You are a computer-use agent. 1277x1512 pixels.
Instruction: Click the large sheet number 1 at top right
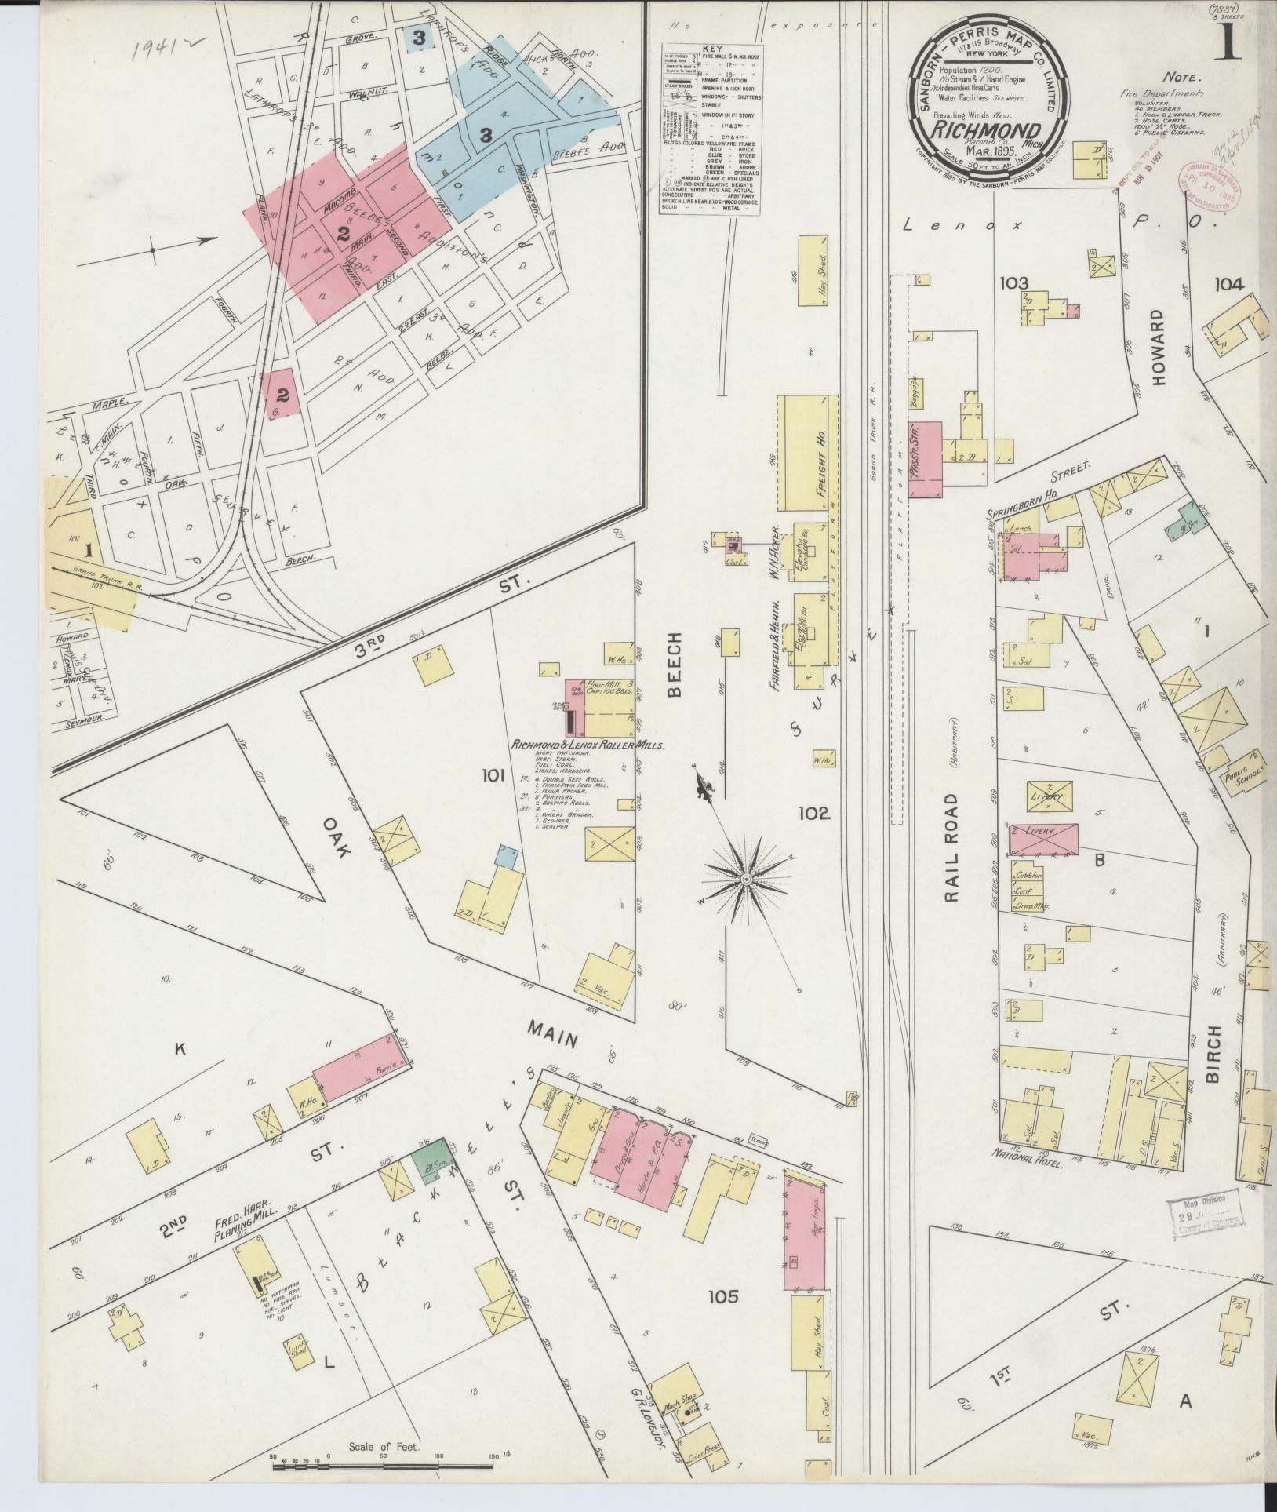tap(1225, 41)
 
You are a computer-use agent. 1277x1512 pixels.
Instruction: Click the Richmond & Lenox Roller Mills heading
tap(588, 745)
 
